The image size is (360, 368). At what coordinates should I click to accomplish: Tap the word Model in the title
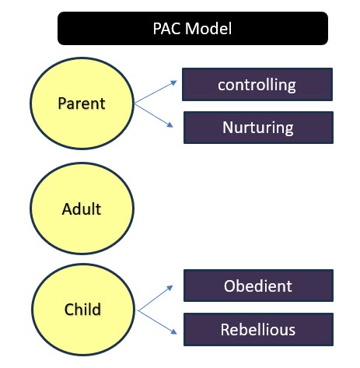click(208, 28)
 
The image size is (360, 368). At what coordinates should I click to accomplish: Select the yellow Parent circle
click(82, 103)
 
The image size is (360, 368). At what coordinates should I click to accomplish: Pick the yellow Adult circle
click(82, 209)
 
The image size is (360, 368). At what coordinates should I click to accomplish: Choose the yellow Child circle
click(83, 310)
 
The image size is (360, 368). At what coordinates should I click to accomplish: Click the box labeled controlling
click(257, 84)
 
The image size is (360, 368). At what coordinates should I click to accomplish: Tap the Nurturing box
click(258, 128)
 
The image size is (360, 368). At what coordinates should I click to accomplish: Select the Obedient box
click(258, 286)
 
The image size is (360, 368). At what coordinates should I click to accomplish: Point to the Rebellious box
click(258, 329)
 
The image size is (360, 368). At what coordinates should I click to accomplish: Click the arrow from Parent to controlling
click(156, 93)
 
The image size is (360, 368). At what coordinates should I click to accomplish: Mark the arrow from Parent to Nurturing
click(154, 116)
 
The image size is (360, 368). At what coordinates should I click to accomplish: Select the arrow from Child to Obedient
click(156, 298)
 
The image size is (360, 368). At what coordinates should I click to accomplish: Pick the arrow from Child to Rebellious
click(158, 322)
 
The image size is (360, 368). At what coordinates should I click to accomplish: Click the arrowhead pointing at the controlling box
click(173, 83)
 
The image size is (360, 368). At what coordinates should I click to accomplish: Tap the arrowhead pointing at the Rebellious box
click(174, 332)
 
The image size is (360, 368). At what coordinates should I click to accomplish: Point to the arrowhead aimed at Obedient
click(170, 288)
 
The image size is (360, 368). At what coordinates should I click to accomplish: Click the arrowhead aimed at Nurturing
click(170, 125)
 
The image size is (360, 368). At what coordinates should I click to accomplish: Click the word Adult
click(82, 209)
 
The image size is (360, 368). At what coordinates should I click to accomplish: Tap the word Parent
click(82, 103)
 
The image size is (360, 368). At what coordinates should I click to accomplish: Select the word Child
click(82, 309)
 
